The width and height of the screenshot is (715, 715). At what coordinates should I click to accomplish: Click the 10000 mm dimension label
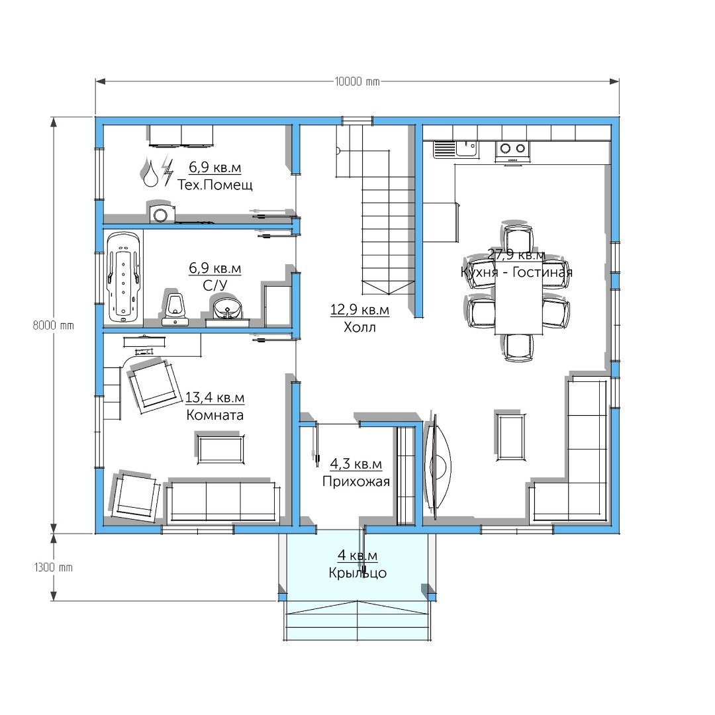point(357,81)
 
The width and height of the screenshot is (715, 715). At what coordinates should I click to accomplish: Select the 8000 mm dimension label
point(54,326)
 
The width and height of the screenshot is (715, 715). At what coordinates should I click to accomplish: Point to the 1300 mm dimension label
point(54,567)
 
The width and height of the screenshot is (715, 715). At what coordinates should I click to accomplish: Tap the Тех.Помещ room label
point(215,185)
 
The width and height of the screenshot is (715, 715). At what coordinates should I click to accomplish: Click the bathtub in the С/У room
point(123,277)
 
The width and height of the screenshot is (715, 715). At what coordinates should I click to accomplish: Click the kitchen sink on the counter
point(455,149)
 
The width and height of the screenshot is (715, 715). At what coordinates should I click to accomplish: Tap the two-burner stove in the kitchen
point(512,152)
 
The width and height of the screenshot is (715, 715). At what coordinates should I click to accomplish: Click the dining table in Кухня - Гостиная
point(519,297)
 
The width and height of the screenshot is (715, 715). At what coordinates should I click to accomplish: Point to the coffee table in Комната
point(220,449)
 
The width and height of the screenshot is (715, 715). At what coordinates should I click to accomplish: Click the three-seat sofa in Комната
point(223,501)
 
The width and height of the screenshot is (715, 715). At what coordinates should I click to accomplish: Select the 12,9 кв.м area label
point(359,310)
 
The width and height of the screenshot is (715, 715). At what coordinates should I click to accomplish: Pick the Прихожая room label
point(356,481)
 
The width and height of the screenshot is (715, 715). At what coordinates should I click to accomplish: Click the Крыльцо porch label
point(358,573)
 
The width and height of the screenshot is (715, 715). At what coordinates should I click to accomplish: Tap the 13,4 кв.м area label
point(215,398)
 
